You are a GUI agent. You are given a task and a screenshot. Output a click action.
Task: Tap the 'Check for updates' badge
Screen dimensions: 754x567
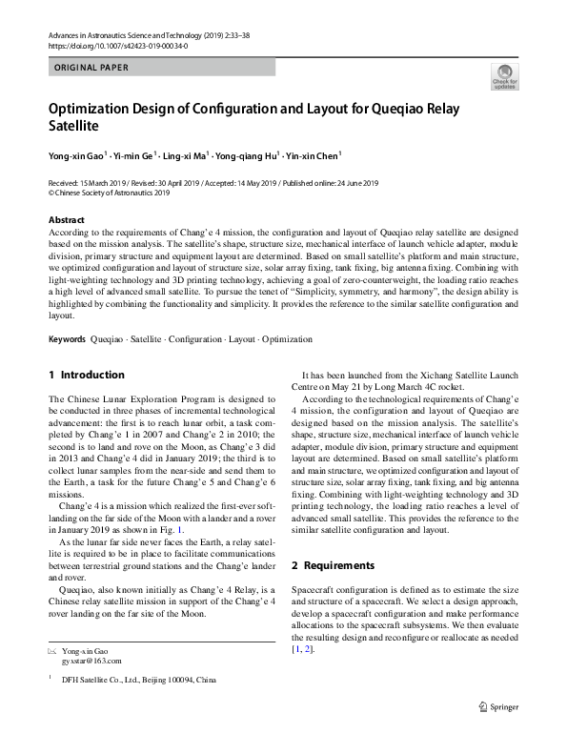(x=504, y=77)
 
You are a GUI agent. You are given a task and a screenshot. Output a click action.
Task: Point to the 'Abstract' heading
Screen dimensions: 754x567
(x=66, y=220)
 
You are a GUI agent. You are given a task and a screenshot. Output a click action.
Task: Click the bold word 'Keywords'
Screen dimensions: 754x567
(x=67, y=339)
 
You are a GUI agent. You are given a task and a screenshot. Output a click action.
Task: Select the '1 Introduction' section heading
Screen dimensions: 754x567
(x=86, y=375)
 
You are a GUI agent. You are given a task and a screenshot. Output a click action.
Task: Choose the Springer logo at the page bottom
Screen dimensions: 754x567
(x=498, y=706)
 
